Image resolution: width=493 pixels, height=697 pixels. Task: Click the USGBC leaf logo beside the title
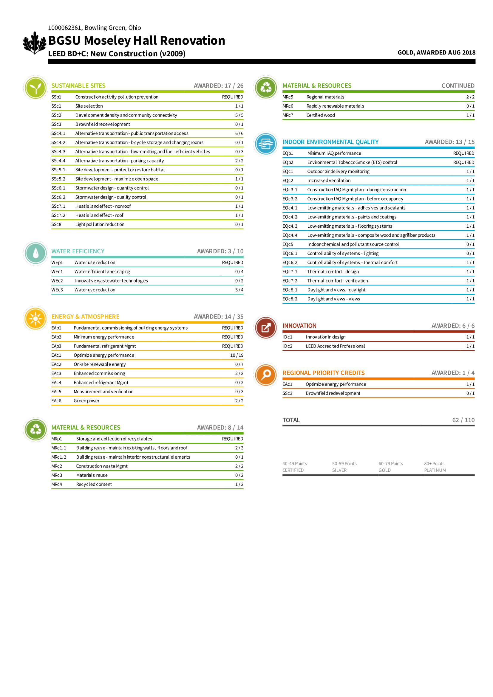[35, 43]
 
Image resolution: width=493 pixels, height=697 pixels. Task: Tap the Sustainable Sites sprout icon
[35, 88]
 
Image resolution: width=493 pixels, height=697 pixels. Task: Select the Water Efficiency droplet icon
[35, 253]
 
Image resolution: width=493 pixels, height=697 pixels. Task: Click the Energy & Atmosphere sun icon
[35, 319]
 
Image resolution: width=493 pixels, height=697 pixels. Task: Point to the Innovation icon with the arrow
[266, 327]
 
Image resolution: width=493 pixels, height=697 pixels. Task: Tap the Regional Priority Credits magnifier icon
[266, 375]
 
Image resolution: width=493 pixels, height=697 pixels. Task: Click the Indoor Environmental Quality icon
[266, 144]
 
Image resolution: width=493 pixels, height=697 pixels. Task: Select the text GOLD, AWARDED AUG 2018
[436, 52]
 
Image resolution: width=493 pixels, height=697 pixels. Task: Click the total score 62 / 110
[463, 420]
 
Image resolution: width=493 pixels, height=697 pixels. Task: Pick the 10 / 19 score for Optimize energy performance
[237, 355]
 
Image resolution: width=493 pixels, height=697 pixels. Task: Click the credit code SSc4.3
[58, 151]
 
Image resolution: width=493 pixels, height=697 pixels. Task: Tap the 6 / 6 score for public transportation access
[239, 133]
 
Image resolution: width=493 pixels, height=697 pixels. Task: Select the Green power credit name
[86, 401]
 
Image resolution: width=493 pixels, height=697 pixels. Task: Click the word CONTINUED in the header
[458, 86]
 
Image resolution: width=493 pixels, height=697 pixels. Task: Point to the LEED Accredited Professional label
[335, 346]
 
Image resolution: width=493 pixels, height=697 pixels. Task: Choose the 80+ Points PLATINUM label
[435, 467]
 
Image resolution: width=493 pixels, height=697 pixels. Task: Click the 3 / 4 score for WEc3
[239, 290]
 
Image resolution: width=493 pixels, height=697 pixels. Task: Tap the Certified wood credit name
[321, 115]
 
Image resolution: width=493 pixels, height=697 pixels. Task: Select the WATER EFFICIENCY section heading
[78, 251]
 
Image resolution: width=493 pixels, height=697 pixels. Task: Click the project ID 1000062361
[65, 28]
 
